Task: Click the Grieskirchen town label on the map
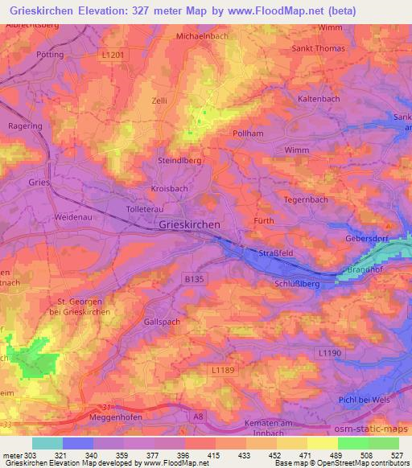[x=190, y=226]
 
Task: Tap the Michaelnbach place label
[x=201, y=37]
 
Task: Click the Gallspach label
[x=161, y=321]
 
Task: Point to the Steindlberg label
[x=178, y=161]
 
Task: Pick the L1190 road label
[x=329, y=353]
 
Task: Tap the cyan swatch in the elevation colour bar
[x=47, y=443]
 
